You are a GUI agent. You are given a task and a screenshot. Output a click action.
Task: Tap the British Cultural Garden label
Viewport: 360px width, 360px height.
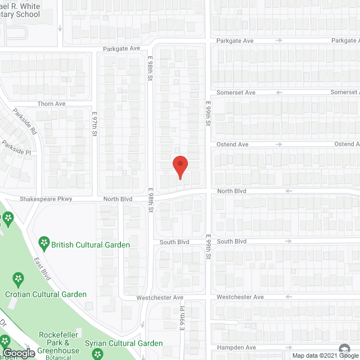pyautogui.click(x=91, y=245)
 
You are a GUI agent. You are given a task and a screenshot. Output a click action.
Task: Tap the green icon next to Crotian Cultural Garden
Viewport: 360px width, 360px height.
pyautogui.click(x=18, y=278)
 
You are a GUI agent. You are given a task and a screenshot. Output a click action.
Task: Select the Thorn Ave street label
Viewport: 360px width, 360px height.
pyautogui.click(x=52, y=104)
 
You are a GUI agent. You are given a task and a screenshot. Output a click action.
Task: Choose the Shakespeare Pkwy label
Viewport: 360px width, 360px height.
pyautogui.click(x=43, y=199)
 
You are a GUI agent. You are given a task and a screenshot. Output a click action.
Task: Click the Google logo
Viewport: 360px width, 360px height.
pyautogui.click(x=19, y=353)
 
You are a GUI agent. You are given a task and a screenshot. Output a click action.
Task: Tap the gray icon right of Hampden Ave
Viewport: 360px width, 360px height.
pyautogui.click(x=344, y=349)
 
